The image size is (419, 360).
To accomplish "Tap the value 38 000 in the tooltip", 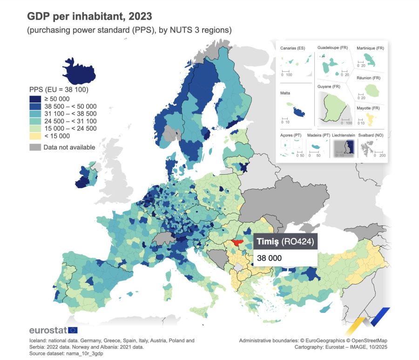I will pyautogui.click(x=269, y=257).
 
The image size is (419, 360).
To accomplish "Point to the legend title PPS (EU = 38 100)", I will pyautogui.click(x=59, y=89).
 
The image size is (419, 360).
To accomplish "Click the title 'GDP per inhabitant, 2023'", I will pyautogui.click(x=89, y=16).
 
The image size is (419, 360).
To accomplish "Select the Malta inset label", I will pyautogui.click(x=285, y=93).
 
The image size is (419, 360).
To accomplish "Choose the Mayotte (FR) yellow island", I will pyautogui.click(x=370, y=118).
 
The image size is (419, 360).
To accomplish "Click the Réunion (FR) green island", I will pyautogui.click(x=372, y=89).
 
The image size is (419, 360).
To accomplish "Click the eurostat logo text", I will pyautogui.click(x=48, y=330).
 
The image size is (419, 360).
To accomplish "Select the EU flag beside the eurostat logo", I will pyautogui.click(x=73, y=330).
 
